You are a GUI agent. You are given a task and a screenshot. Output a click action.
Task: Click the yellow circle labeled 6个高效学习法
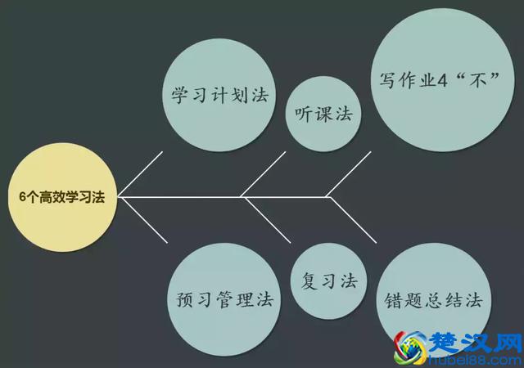click(x=62, y=197)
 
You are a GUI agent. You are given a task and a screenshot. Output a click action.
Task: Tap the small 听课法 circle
click(x=323, y=114)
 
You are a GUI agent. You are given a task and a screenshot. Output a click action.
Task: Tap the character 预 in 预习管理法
click(x=184, y=298)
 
